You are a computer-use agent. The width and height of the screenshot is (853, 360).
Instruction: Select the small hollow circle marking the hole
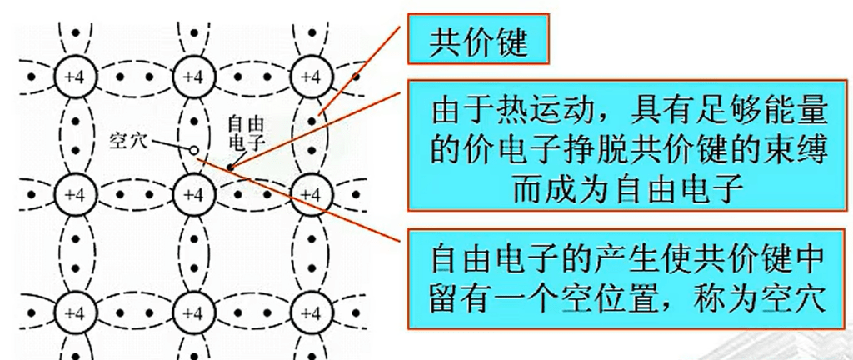pos(193,150)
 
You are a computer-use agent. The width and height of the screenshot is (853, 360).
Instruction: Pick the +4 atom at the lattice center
pos(191,193)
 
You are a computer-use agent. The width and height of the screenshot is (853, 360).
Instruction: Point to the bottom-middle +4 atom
pos(191,312)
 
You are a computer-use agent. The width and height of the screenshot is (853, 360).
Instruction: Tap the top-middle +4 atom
pos(191,77)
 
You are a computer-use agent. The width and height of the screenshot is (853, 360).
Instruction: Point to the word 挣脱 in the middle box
pos(596,149)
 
